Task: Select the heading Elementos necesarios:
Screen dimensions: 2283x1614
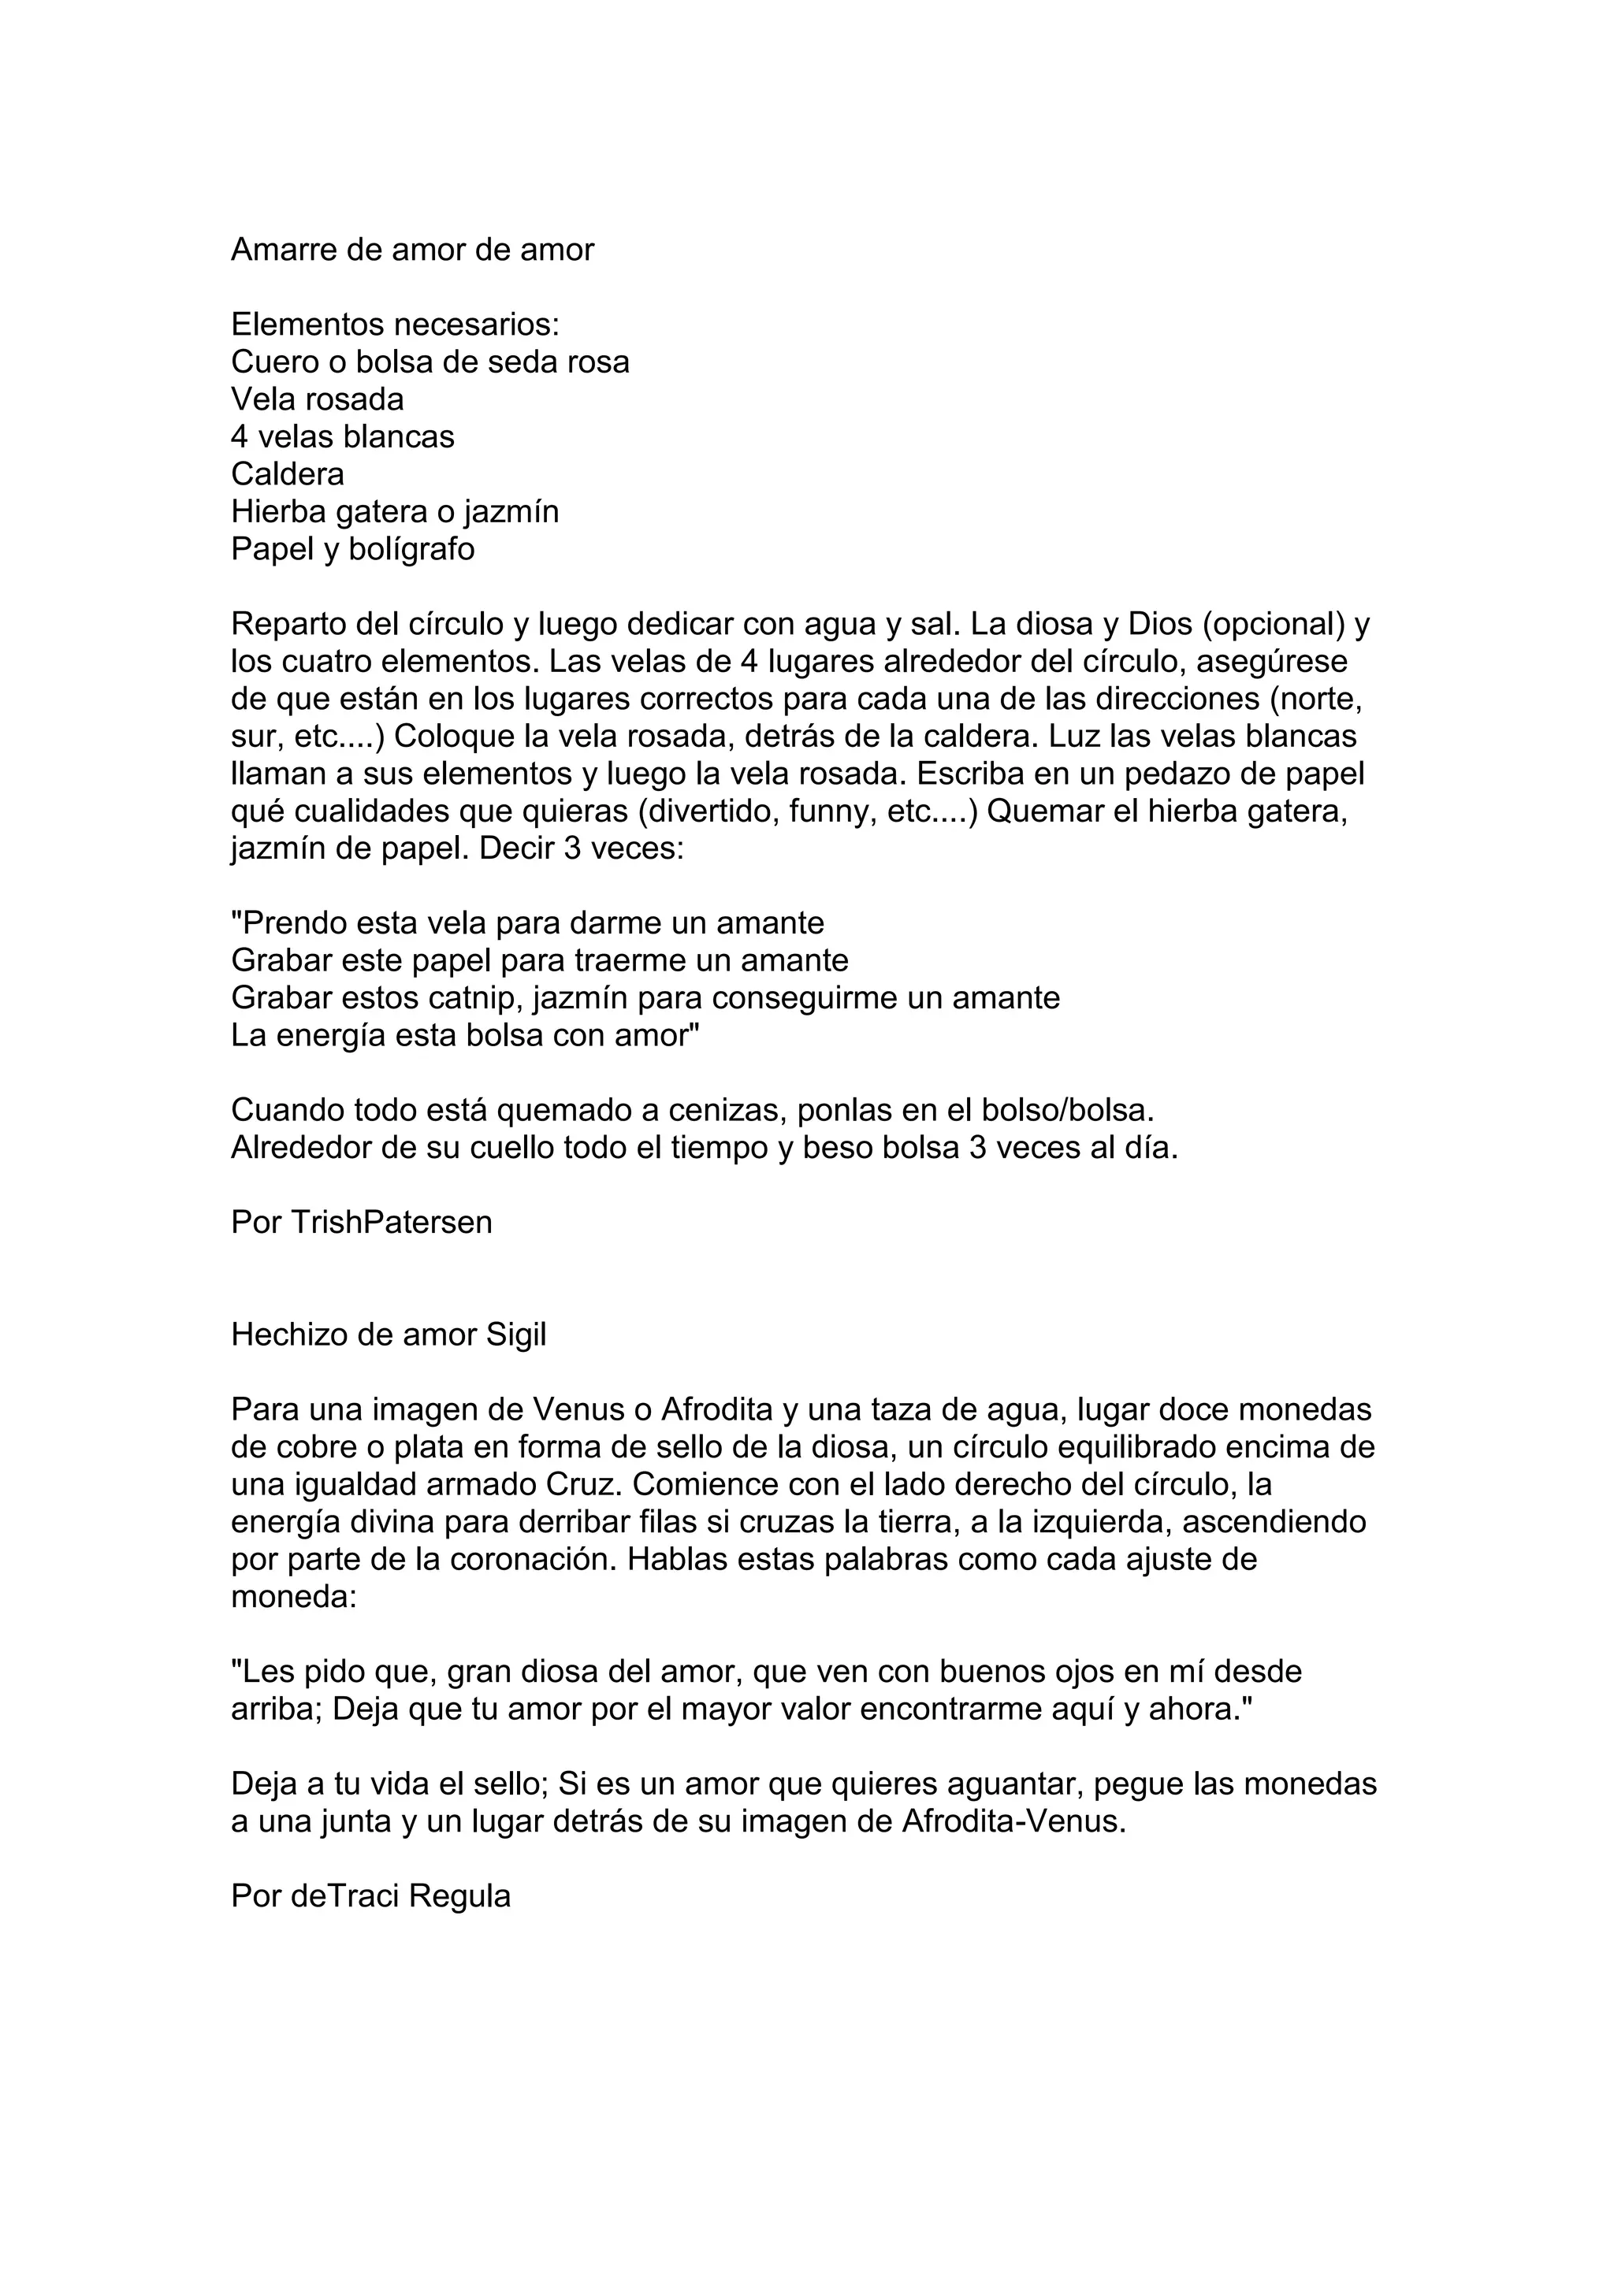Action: [396, 324]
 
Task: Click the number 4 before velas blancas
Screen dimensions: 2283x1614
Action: [239, 436]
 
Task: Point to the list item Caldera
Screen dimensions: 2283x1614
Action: [288, 474]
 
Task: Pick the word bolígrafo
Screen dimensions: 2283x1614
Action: [420, 549]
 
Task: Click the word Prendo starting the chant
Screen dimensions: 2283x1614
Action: [288, 924]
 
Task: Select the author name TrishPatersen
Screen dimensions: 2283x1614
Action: [391, 1223]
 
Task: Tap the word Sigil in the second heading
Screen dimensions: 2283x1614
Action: [516, 1335]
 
